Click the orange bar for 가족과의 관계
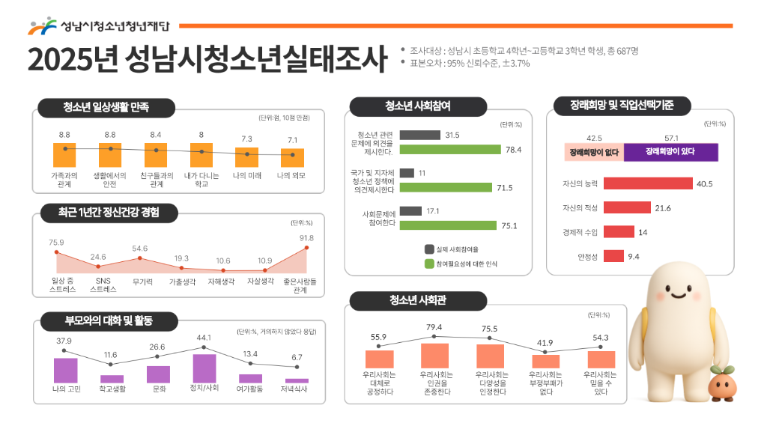[x=65, y=155]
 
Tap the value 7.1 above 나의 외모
[x=292, y=139]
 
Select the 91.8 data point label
[x=306, y=238]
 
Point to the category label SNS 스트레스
[x=98, y=285]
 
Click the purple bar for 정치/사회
[x=204, y=368]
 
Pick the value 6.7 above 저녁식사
[x=297, y=357]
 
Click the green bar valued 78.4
[x=449, y=150]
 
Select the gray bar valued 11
[x=407, y=173]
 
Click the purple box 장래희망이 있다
[x=670, y=152]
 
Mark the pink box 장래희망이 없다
[x=594, y=152]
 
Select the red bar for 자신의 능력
[x=647, y=183]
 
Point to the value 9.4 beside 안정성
[x=634, y=257]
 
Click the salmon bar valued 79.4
[x=434, y=355]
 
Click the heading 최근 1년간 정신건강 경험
[x=109, y=213]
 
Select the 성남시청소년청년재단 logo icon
[x=42, y=26]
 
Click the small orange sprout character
[x=724, y=386]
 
